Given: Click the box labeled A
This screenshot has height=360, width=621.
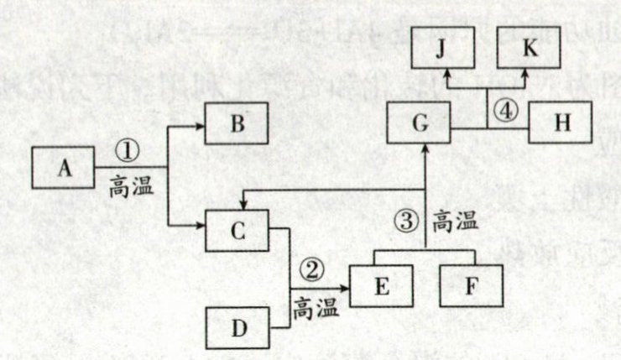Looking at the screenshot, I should [63, 167].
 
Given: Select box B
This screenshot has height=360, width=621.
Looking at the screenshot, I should [237, 126].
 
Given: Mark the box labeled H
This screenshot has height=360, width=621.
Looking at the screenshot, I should [561, 122].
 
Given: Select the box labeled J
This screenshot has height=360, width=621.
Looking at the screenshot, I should [441, 49].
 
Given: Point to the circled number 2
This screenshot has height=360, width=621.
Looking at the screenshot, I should [312, 270].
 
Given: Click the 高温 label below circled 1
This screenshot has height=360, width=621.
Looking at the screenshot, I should [132, 186].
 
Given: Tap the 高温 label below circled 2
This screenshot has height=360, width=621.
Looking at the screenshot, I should [316, 309].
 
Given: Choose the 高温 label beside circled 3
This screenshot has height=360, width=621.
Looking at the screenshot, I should [454, 222].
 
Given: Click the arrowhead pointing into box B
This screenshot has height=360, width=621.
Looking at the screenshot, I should [202, 126].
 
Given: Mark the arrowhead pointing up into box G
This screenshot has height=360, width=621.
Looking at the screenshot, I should [425, 149].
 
